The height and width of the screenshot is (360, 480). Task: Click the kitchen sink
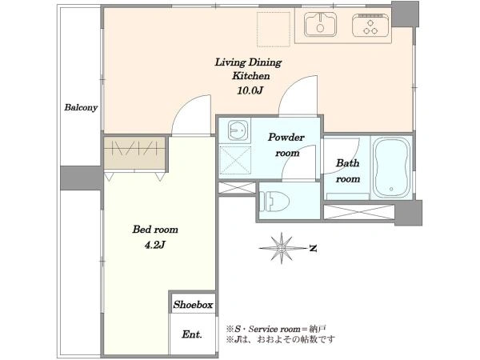coord(321,24)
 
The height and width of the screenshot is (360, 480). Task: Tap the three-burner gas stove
coord(370,25)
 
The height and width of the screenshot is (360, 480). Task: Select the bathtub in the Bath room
coord(391,167)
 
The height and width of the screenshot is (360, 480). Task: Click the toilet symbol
coord(274,201)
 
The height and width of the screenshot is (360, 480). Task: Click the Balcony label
coord(81,107)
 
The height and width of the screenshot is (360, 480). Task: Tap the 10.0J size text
coord(250,90)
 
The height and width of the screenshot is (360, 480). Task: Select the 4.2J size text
coord(155,245)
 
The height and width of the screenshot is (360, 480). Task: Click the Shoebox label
coord(193,305)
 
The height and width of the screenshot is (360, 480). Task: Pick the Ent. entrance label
coord(192,334)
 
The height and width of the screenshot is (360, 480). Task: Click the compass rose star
coord(282,248)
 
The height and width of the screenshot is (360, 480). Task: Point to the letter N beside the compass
coord(313,248)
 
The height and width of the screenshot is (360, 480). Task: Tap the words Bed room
coord(155,230)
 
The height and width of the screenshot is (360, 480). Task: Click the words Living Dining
coord(248,62)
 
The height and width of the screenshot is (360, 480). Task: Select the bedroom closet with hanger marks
coord(134,153)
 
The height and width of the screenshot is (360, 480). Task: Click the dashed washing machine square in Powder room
coord(235,161)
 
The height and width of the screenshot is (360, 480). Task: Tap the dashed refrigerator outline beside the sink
coord(274,30)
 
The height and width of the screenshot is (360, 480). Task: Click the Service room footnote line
coord(276,329)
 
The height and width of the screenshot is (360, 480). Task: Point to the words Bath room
coord(348,171)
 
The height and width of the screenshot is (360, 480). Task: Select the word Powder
coord(286,137)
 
